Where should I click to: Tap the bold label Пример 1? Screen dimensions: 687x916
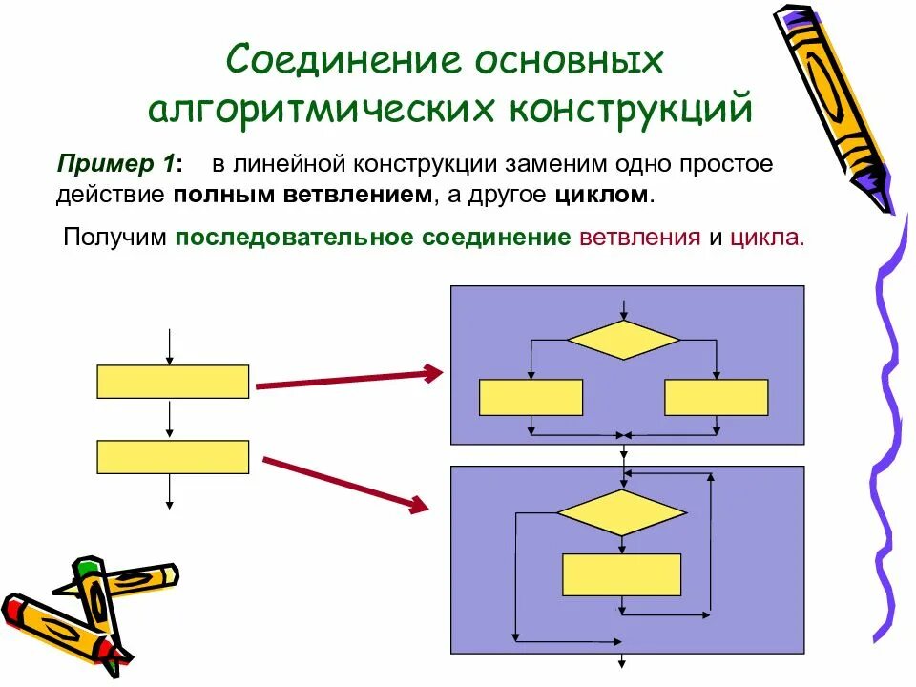pos(118,163)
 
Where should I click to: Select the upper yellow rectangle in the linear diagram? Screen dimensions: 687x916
pos(173,381)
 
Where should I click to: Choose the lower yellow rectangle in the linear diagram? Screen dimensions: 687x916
pos(173,457)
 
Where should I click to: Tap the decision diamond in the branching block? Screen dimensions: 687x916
pos(623,340)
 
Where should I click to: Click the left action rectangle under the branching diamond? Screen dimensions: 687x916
pos(531,397)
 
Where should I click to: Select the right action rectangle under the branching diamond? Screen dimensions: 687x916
pos(716,397)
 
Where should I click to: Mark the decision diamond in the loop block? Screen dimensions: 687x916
pos(621,513)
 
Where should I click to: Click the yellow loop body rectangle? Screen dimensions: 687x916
pos(621,574)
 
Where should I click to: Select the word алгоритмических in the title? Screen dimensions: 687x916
pos(320,109)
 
